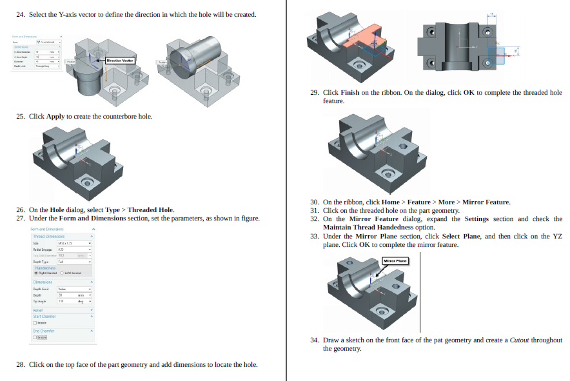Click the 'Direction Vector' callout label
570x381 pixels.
[x=119, y=60]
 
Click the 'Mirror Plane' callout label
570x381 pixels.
[x=395, y=260]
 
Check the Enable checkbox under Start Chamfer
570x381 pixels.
[x=35, y=322]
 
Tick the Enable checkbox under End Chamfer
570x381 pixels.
[x=35, y=337]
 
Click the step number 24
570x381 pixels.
[x=20, y=14]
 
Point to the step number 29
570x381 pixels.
[x=314, y=92]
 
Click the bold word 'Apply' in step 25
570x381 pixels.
[x=55, y=116]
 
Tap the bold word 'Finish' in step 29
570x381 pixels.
[x=349, y=92]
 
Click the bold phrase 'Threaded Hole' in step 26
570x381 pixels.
[x=151, y=210]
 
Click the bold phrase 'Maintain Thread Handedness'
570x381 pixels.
[x=369, y=227]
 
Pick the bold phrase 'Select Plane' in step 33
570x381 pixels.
[x=460, y=236]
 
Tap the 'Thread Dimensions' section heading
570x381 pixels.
[x=48, y=237]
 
